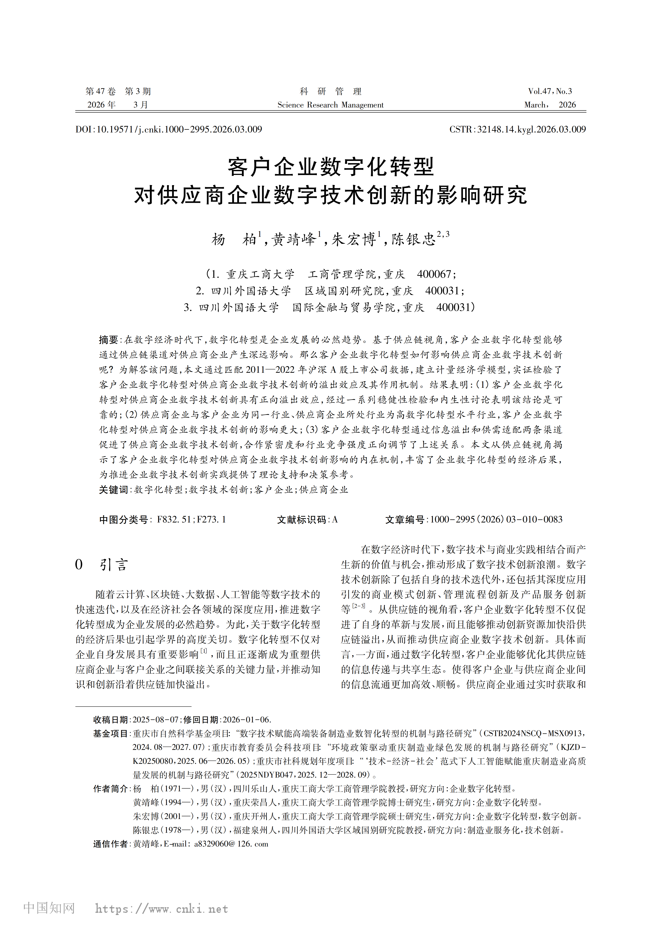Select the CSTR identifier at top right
[x=517, y=130]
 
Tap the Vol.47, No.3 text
[x=550, y=91]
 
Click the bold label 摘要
[x=108, y=340]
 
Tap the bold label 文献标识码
[x=302, y=520]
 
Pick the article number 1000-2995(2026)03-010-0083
[x=496, y=520]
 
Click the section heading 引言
[x=114, y=565]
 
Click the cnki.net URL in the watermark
[x=161, y=909]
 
